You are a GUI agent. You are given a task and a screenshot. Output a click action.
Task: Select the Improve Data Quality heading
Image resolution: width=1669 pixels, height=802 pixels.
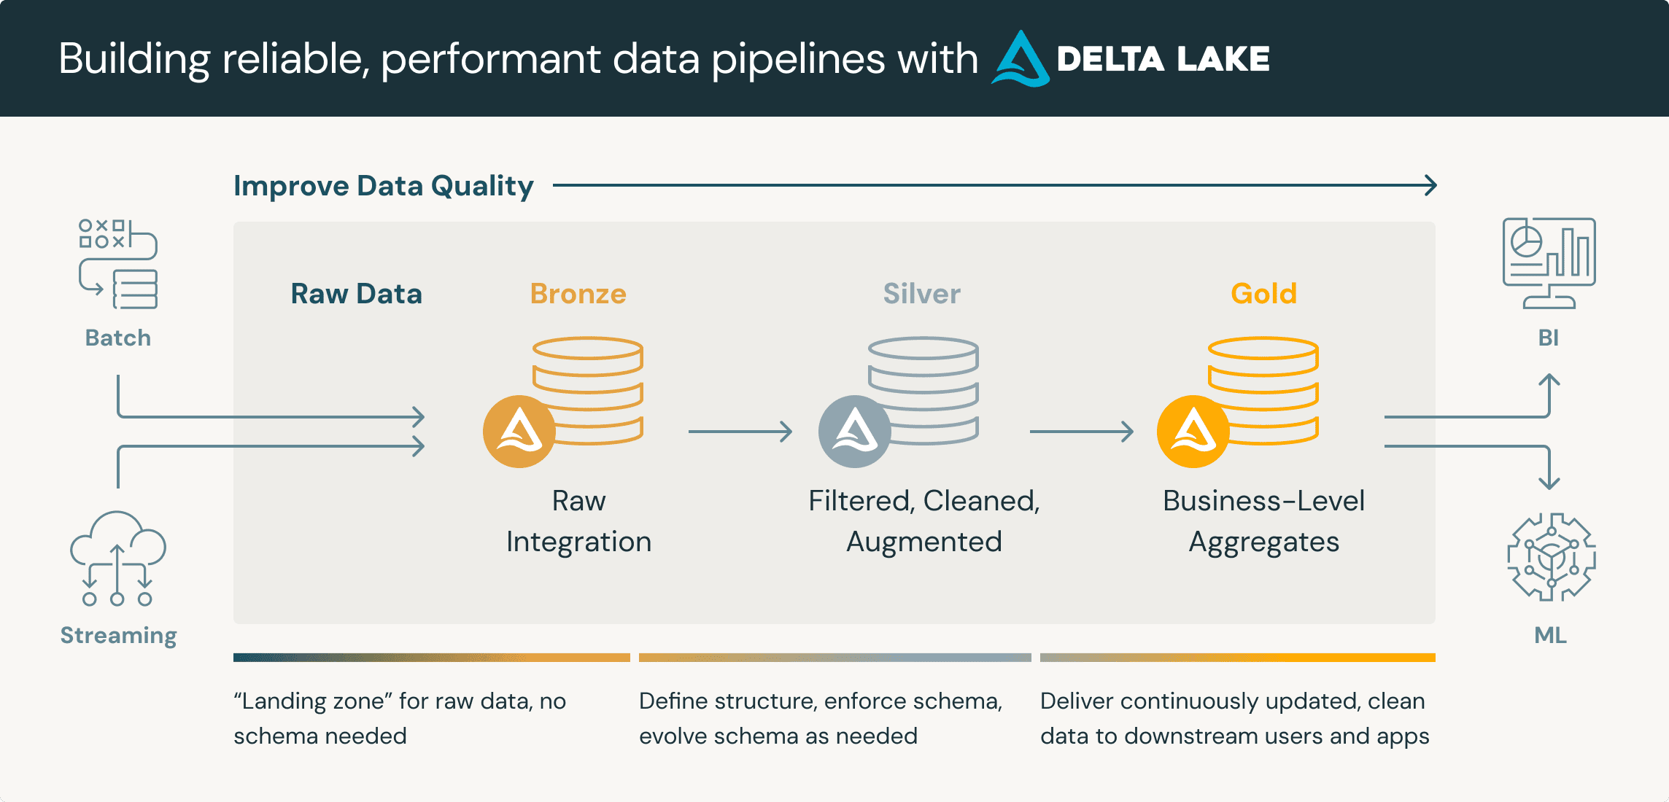383,186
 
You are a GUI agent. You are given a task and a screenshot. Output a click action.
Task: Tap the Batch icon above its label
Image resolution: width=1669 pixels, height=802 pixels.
118,264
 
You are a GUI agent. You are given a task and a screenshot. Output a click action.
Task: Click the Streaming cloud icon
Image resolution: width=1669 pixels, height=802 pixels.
118,558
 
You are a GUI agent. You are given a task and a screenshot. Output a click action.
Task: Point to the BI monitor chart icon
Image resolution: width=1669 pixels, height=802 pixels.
1549,262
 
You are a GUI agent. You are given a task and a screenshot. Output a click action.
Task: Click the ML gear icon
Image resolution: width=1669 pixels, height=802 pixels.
1551,558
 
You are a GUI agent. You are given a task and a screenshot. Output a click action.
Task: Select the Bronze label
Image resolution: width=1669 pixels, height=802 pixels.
578,294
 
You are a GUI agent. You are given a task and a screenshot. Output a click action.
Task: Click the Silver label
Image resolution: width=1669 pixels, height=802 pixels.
921,294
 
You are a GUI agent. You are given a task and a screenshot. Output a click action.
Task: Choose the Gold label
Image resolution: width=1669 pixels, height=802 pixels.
1263,294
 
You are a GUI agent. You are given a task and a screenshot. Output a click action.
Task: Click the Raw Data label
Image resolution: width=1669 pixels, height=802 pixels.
356,294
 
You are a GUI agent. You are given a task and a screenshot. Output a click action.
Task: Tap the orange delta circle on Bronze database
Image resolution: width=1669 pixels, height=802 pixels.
519,432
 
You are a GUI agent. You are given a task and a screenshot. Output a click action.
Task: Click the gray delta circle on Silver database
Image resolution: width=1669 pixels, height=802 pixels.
855,432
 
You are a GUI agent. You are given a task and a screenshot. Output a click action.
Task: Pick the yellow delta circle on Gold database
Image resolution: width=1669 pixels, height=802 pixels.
1193,432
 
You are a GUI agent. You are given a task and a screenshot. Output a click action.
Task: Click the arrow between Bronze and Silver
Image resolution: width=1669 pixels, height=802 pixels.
740,432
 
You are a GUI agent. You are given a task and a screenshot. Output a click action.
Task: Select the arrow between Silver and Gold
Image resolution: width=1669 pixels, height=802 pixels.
1082,432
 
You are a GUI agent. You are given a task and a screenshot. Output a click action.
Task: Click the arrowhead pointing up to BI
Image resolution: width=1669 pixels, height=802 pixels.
1549,380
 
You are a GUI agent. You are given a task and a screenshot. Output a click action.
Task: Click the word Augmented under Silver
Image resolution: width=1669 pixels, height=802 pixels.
923,542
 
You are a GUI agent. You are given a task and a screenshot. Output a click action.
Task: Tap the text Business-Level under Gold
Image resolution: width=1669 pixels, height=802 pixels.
1263,501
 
